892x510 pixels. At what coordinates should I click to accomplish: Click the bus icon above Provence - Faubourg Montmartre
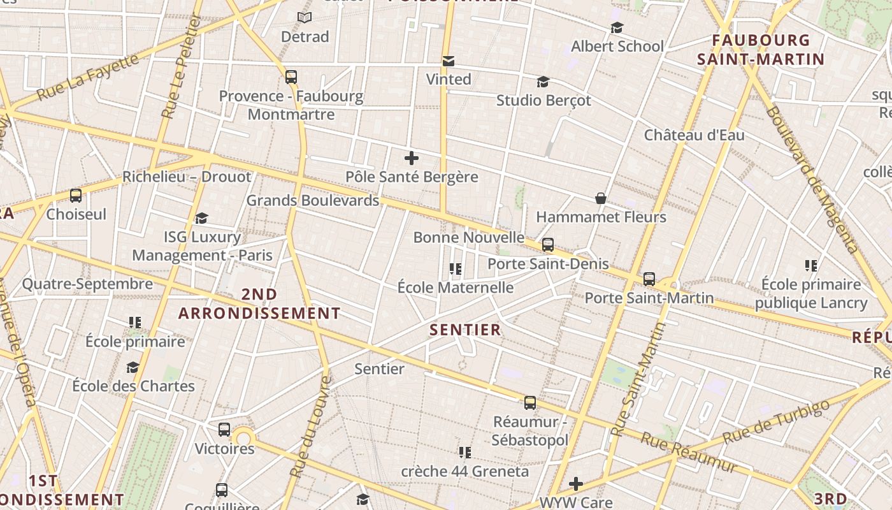click(x=291, y=77)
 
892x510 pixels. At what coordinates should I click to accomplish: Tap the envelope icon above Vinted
click(x=449, y=61)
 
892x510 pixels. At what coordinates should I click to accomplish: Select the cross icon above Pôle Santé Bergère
click(x=412, y=158)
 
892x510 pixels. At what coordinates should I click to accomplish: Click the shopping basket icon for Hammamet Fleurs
click(x=600, y=199)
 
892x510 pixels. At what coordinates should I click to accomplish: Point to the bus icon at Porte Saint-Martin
click(x=649, y=279)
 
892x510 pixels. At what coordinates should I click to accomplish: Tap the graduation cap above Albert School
click(x=617, y=28)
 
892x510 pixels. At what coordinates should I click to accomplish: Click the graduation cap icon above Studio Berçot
click(x=543, y=82)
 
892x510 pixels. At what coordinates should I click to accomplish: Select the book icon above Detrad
click(x=305, y=18)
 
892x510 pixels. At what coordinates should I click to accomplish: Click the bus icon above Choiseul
click(x=76, y=196)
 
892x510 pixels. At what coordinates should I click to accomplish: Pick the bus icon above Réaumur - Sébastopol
click(x=530, y=403)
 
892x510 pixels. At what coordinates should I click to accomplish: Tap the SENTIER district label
click(x=465, y=330)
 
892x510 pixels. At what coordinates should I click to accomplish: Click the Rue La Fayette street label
click(x=88, y=78)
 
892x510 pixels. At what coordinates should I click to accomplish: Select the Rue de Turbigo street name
click(x=777, y=421)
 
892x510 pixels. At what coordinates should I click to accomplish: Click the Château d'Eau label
click(x=694, y=135)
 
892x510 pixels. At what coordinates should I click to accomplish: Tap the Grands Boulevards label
click(x=312, y=200)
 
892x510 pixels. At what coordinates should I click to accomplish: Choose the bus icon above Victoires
click(x=224, y=430)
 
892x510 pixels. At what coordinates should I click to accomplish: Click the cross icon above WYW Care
click(x=576, y=484)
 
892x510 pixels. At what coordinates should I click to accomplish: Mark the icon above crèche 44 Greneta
click(x=465, y=453)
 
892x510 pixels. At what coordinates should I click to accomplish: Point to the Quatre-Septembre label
click(x=87, y=284)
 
